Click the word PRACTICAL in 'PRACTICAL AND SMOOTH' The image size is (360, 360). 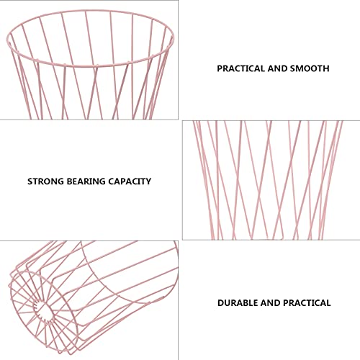click(241, 68)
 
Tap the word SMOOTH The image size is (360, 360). click(310, 68)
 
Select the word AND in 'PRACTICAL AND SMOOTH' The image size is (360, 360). click(277, 68)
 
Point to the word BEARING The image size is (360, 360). click(86, 181)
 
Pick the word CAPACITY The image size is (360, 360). click(130, 181)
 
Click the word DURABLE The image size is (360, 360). click(238, 303)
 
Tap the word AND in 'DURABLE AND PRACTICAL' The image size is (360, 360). click(271, 303)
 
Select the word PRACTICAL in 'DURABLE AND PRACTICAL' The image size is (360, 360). click(307, 303)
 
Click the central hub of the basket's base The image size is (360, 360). click(43, 309)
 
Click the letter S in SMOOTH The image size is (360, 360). click(292, 68)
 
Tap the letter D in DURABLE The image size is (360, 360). click(221, 303)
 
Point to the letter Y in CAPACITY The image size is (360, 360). click(148, 181)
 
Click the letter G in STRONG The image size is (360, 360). click(60, 181)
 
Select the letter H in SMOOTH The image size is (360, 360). click(326, 68)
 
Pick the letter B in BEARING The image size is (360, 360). click(69, 181)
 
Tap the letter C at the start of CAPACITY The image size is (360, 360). click(111, 181)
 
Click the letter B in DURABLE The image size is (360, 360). click(246, 303)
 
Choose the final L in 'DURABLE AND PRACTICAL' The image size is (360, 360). click(328, 303)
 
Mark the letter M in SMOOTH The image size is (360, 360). click(300, 68)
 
